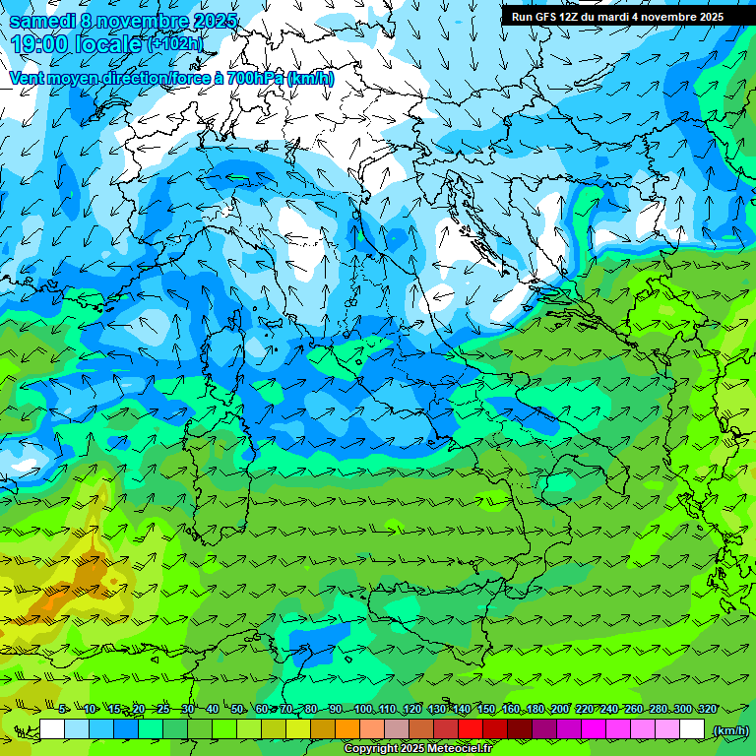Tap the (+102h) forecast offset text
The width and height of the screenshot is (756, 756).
174,44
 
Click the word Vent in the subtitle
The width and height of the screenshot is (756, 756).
28,78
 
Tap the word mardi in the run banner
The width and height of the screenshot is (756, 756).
627,17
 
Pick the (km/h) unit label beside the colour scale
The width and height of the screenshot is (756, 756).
729,730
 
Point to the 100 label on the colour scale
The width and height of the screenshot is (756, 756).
363,710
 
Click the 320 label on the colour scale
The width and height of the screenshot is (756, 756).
707,710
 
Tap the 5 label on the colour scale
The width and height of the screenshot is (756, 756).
63,710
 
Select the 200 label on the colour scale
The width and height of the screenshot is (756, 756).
560,710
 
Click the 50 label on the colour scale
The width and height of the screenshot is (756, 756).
237,710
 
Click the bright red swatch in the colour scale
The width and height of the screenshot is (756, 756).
471,730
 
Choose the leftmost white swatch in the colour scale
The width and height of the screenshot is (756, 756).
52,730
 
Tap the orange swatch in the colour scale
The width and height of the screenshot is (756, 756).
347,730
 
